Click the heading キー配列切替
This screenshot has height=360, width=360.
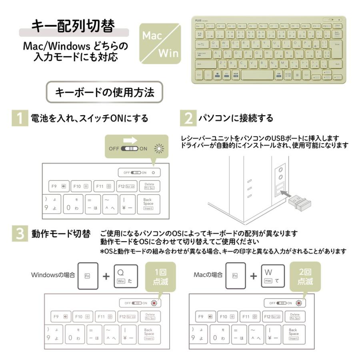74,26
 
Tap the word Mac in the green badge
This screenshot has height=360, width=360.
152,36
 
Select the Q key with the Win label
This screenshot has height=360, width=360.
126,276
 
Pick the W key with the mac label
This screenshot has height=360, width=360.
273,276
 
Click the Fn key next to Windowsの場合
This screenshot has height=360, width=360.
88,276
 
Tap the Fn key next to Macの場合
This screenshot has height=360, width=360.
235,276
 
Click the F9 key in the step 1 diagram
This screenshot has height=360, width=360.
58,186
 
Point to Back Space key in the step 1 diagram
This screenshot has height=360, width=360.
148,204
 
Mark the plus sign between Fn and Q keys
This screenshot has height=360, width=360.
106,276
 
